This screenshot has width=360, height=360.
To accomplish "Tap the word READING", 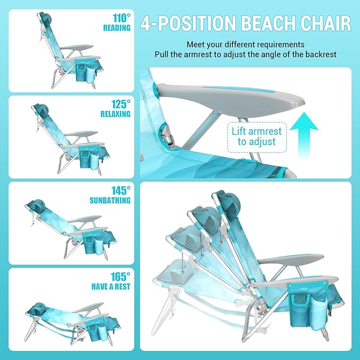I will coord(117,28).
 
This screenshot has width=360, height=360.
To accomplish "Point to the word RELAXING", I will coord(116,113).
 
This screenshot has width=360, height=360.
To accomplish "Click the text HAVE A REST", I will coord(112,287).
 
